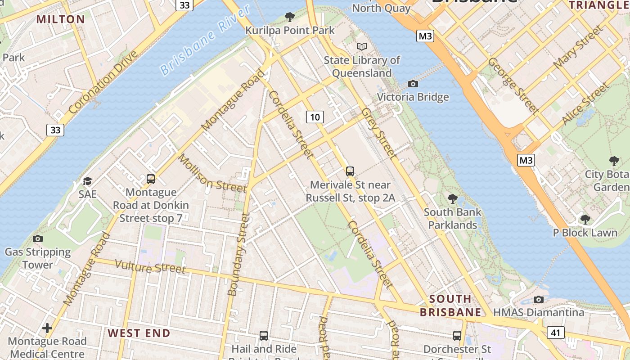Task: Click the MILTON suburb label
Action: click(60, 19)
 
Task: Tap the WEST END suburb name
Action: click(139, 333)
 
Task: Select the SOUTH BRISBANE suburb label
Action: click(450, 306)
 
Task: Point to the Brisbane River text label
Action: click(205, 41)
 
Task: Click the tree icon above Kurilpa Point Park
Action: click(290, 17)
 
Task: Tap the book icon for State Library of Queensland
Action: click(362, 46)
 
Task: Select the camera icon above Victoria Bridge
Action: click(413, 84)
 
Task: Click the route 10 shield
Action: click(315, 117)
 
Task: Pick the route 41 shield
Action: click(556, 333)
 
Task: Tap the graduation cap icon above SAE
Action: click(87, 181)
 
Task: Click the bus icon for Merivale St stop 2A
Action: click(350, 171)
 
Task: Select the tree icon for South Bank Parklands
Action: click(452, 198)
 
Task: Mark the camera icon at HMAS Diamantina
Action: click(538, 299)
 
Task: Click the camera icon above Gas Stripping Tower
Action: click(38, 238)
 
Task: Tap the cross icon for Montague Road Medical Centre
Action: click(47, 328)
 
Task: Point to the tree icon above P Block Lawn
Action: click(585, 219)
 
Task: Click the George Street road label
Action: click(513, 85)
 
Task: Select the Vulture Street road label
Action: click(150, 266)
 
